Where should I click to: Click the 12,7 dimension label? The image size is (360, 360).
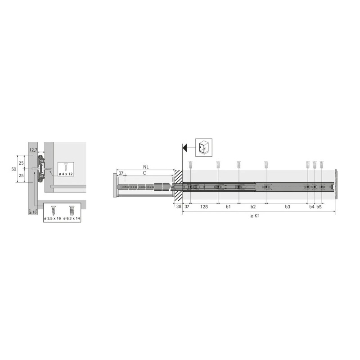click(x=33, y=150)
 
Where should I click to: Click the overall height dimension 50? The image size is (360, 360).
click(x=13, y=169)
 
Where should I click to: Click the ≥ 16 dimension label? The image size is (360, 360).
click(x=33, y=212)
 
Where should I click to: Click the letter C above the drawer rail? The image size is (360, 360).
click(x=144, y=173)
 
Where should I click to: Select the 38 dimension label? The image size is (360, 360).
click(x=178, y=207)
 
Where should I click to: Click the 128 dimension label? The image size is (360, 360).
click(x=203, y=207)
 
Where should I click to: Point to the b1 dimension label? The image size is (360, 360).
click(x=228, y=207)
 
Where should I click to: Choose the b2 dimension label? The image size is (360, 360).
click(x=252, y=207)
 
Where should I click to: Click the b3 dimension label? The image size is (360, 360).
click(x=287, y=207)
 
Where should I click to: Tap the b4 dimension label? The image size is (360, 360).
click(x=311, y=207)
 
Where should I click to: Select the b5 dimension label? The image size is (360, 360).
click(x=319, y=207)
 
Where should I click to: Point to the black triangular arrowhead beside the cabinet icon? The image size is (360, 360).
click(x=185, y=147)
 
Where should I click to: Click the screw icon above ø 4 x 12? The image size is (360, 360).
click(x=65, y=166)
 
